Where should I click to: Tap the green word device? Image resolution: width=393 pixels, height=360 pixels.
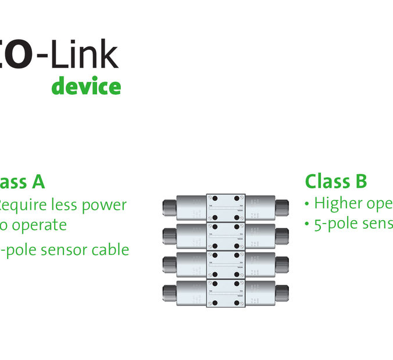[x=86, y=87]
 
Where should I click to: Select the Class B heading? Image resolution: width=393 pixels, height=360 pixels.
[x=335, y=181]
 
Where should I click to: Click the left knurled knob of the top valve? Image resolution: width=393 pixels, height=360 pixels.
[x=169, y=207]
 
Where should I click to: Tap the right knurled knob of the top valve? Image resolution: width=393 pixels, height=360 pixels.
[x=282, y=207]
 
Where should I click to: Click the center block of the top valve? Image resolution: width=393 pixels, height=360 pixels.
[x=226, y=207]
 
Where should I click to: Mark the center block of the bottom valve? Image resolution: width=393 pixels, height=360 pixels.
[x=226, y=293]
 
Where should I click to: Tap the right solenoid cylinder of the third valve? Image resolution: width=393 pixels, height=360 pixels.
[x=259, y=265]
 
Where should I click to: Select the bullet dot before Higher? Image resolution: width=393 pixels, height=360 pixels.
[x=307, y=205]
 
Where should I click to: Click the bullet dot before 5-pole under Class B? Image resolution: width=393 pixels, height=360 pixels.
[x=307, y=225]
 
